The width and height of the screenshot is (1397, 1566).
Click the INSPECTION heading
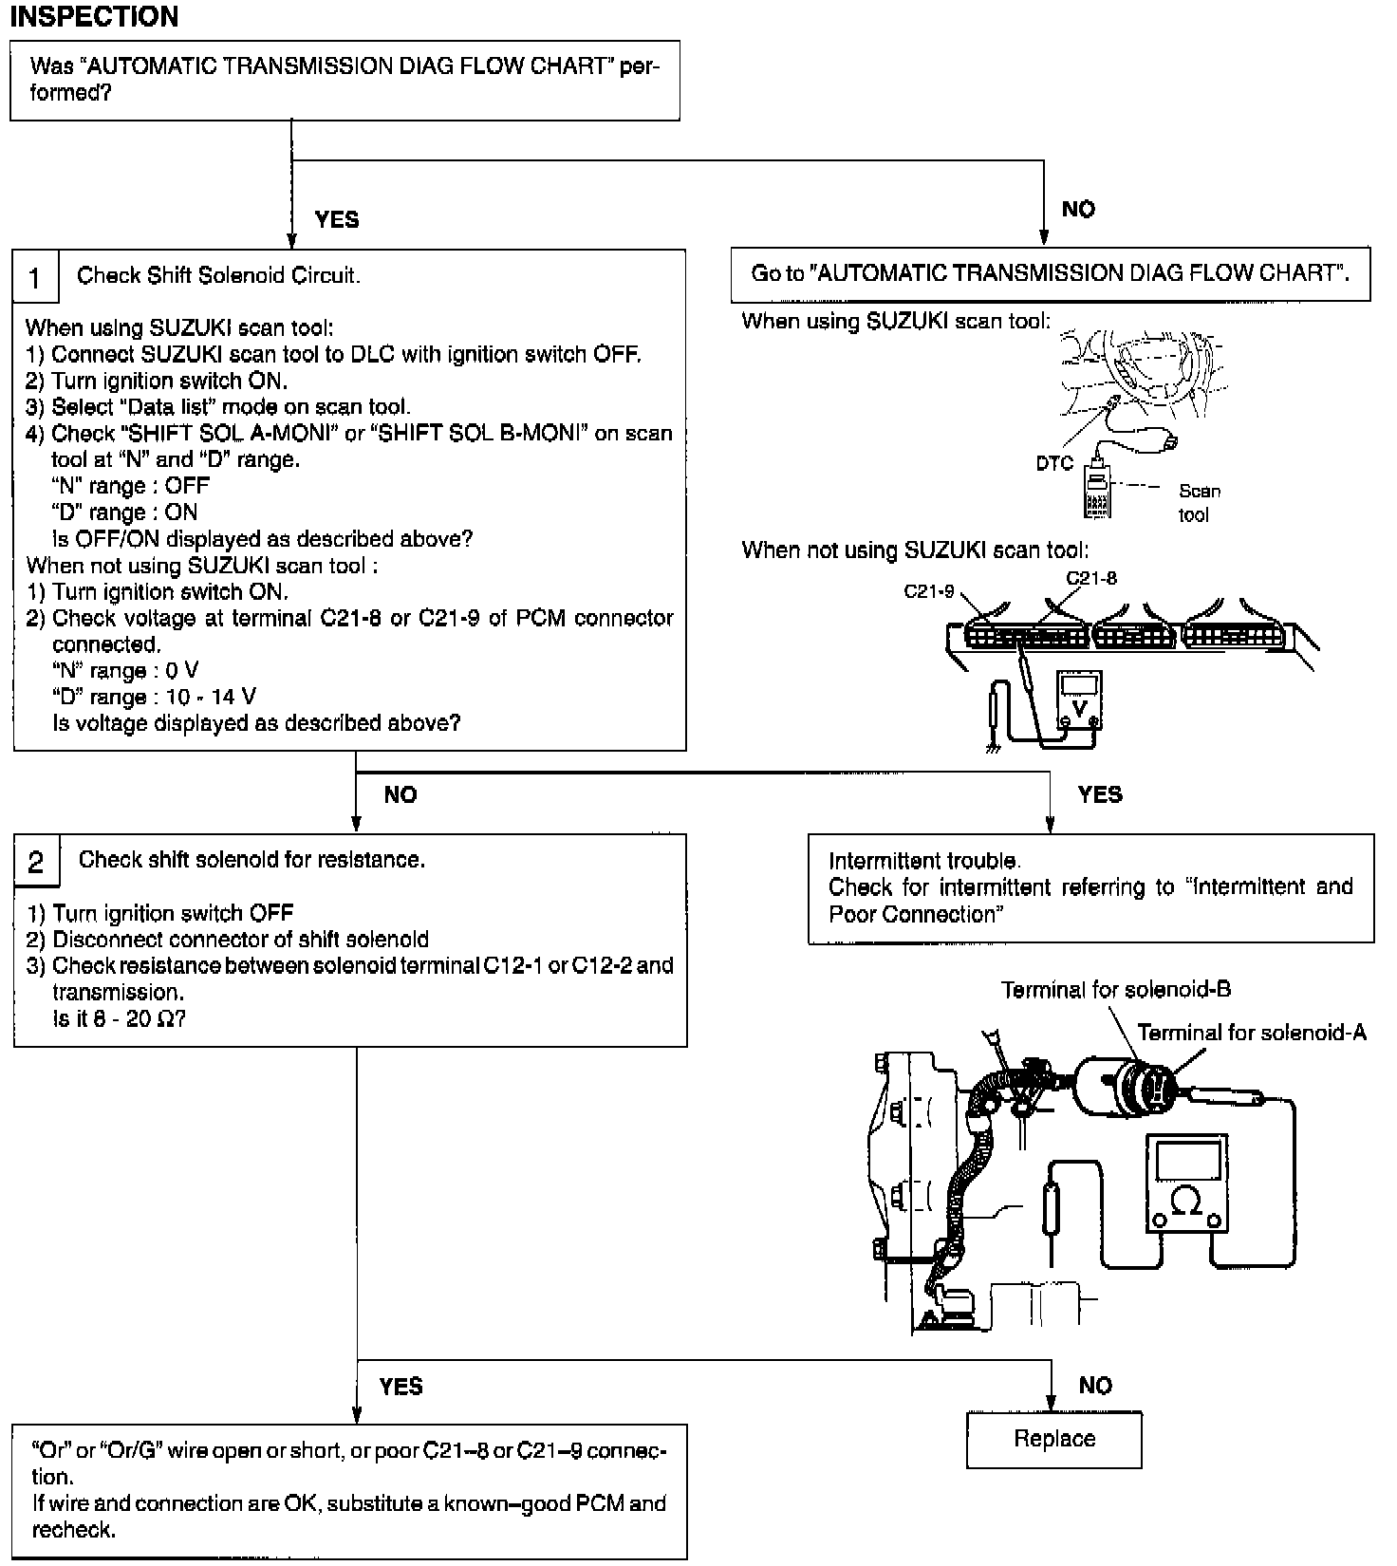[x=94, y=16]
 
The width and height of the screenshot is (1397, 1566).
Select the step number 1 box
[x=35, y=278]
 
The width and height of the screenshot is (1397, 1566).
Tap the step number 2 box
[x=36, y=862]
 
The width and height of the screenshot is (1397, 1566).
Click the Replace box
[x=1053, y=1439]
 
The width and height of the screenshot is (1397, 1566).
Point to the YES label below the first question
[x=337, y=220]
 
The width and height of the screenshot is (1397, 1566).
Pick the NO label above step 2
[x=400, y=795]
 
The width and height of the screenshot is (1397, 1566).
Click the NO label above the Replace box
[x=1095, y=1386]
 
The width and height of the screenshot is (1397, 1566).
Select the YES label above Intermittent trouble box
[x=1100, y=794]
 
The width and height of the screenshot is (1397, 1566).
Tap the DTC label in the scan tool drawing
[x=1054, y=463]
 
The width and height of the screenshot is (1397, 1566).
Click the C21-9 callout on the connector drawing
[x=929, y=591]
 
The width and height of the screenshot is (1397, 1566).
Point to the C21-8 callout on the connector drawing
[x=1091, y=577]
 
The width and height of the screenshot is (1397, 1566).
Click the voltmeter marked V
[x=1079, y=700]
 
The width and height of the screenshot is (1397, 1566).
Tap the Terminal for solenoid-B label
[x=1116, y=990]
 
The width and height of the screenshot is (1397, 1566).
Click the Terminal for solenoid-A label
[x=1252, y=1033]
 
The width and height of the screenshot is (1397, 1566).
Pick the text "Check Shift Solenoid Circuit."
[x=218, y=276]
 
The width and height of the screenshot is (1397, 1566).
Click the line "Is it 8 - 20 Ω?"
[x=119, y=1019]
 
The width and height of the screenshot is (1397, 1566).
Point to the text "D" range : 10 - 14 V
[x=154, y=698]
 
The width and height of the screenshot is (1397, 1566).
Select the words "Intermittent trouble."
[x=924, y=861]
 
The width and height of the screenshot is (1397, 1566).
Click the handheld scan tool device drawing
[x=1097, y=492]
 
